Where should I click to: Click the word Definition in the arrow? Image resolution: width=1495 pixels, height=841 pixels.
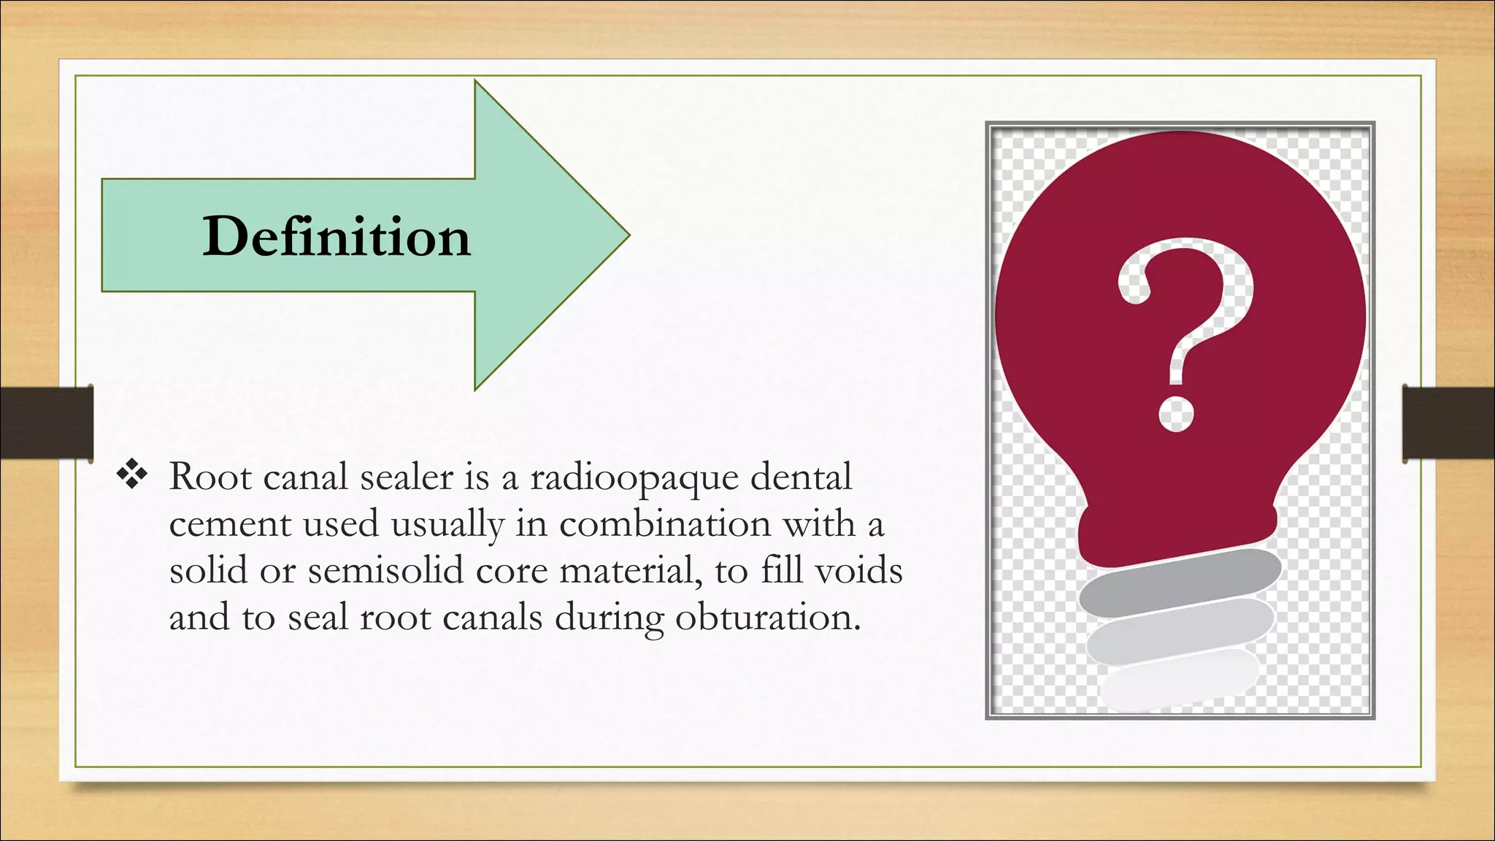337,237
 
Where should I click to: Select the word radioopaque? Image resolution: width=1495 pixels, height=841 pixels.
634,478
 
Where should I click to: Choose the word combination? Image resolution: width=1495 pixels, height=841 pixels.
665,523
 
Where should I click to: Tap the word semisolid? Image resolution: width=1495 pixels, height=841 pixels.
385,570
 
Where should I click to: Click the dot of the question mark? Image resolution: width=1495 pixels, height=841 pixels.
1176,414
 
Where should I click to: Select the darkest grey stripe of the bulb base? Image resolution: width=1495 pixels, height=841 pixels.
1180,583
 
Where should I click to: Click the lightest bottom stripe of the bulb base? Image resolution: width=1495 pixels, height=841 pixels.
1178,680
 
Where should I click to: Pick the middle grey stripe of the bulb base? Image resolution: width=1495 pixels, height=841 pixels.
1180,630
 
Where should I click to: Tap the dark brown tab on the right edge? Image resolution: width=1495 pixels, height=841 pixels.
1448,423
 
